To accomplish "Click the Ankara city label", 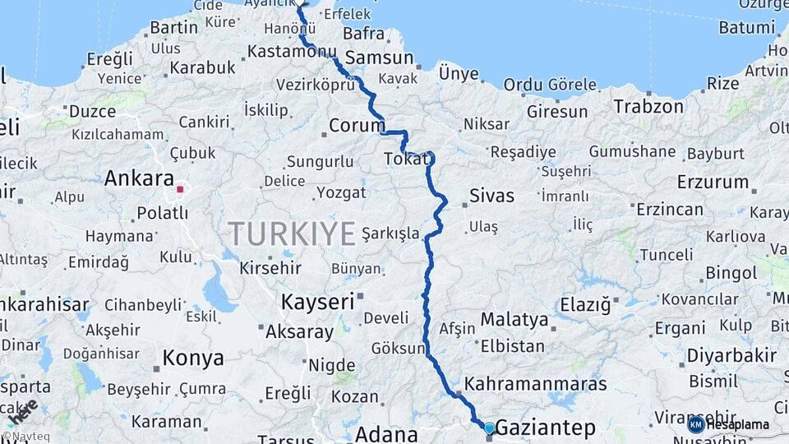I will pos(139,178).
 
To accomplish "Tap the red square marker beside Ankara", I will pos(180,189).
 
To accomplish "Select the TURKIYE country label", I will pos(292,234).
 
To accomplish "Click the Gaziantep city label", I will pos(546,428).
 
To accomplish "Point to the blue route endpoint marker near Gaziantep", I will pos(489,428).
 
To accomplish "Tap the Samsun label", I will pos(379,58).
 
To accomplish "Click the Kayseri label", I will pos(317,301).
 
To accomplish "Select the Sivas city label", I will pos(491,196).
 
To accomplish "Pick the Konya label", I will pos(193,358).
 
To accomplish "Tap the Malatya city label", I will pos(514,319).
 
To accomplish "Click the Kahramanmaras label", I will pos(535,384).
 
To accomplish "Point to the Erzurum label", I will pos(713,182).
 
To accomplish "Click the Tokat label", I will pos(406,159).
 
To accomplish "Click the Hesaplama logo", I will pos(728,424).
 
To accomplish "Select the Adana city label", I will pos(386,433).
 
